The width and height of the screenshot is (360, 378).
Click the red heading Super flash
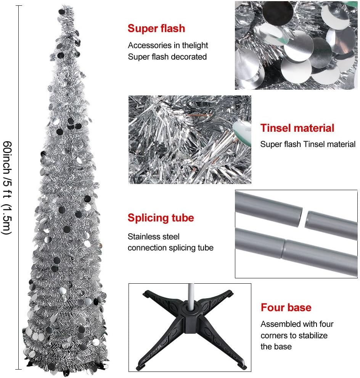click(x=156, y=28)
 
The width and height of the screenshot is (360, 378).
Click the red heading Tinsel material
click(x=297, y=128)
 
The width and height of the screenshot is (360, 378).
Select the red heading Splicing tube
click(x=161, y=218)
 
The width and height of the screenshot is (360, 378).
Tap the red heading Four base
click(x=286, y=307)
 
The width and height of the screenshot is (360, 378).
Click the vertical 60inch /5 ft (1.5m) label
click(x=7, y=187)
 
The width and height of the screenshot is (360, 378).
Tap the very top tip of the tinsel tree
click(x=63, y=5)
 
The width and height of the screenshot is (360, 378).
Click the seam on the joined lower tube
click(x=283, y=249)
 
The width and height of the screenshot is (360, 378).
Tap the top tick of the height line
click(x=19, y=5)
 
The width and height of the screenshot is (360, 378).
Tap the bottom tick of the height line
click(x=19, y=369)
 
